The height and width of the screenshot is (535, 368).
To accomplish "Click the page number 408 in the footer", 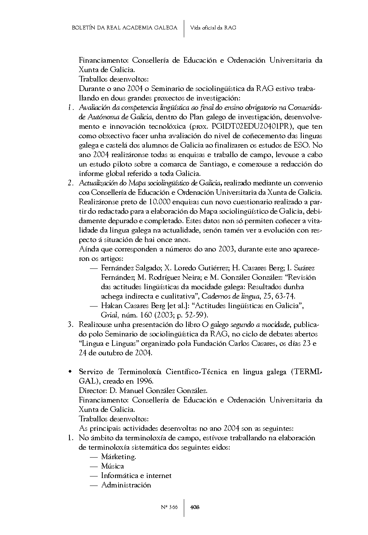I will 195,507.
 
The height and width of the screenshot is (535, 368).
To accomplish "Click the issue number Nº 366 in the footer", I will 169,507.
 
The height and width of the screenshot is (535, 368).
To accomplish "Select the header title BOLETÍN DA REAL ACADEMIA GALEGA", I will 124,28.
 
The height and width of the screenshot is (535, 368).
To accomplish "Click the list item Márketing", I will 119,457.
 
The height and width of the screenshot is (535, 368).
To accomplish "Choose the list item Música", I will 112,466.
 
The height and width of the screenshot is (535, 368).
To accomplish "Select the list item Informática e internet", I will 136,476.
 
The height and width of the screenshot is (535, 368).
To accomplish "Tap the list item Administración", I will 126,485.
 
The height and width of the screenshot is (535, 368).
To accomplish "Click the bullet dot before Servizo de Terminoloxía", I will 70,372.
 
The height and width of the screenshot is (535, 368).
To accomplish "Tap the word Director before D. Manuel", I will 92,391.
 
